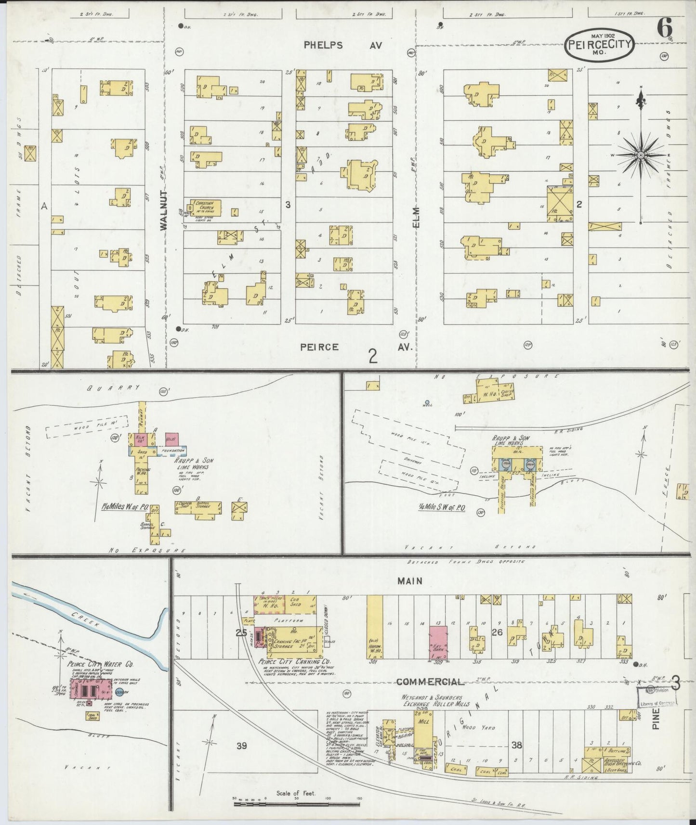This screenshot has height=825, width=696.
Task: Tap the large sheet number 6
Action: [665, 29]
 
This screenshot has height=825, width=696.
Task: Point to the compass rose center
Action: [641, 155]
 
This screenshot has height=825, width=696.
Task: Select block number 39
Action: [242, 746]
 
